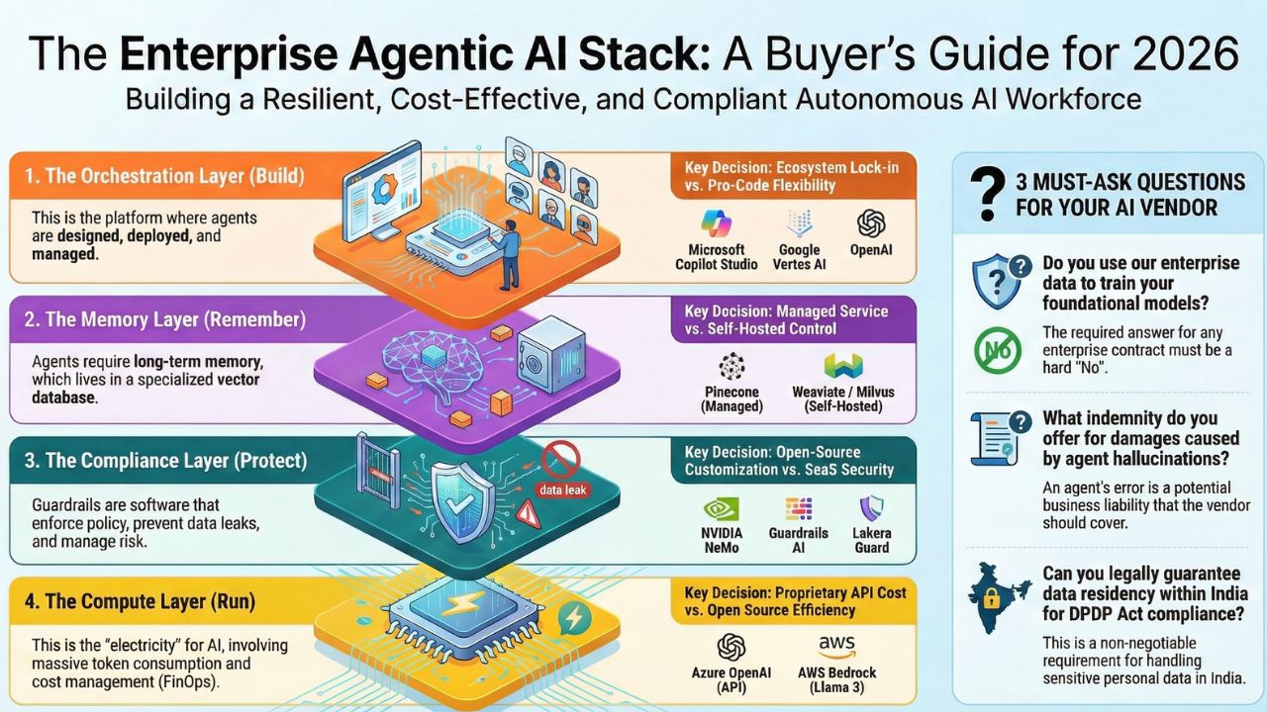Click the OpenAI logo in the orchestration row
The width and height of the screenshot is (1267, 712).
click(x=871, y=222)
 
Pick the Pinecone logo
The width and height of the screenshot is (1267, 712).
click(x=731, y=366)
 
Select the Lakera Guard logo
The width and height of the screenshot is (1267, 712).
click(x=872, y=508)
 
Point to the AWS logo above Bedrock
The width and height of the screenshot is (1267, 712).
click(x=836, y=647)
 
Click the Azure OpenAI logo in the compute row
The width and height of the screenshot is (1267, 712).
click(x=731, y=648)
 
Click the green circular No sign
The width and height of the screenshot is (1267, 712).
click(x=997, y=350)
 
